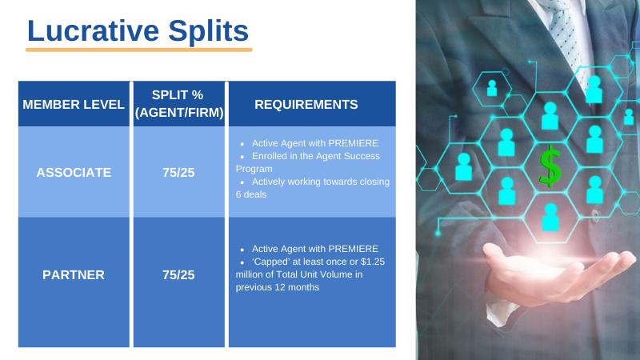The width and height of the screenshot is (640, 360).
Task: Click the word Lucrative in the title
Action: pyautogui.click(x=93, y=30)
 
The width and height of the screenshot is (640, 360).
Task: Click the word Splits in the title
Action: pyautogui.click(x=208, y=32)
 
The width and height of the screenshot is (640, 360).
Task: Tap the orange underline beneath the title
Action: pyautogui.click(x=138, y=50)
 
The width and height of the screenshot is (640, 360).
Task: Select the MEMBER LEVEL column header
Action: pyautogui.click(x=74, y=105)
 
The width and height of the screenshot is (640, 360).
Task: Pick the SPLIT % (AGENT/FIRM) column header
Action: pyautogui.click(x=179, y=104)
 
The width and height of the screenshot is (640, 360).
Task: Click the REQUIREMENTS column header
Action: pyautogui.click(x=306, y=105)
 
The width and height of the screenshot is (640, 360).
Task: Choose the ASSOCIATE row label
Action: pyautogui.click(x=74, y=173)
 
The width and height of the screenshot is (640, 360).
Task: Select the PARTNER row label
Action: pyautogui.click(x=74, y=275)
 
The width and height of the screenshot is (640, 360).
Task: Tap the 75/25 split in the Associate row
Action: pyautogui.click(x=178, y=173)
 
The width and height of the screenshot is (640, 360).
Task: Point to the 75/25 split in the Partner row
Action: pyautogui.click(x=178, y=275)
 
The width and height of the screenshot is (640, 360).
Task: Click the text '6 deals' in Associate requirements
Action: pyautogui.click(x=251, y=194)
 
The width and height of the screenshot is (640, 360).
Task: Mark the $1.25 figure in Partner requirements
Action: pyautogui.click(x=373, y=262)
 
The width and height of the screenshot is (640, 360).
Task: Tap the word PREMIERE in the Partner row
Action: pyautogui.click(x=353, y=249)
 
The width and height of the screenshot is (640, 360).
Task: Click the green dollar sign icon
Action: pyautogui.click(x=550, y=166)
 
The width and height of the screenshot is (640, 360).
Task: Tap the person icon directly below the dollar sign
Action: pyautogui.click(x=550, y=218)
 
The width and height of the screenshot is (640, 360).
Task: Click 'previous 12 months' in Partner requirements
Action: pyautogui.click(x=278, y=287)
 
